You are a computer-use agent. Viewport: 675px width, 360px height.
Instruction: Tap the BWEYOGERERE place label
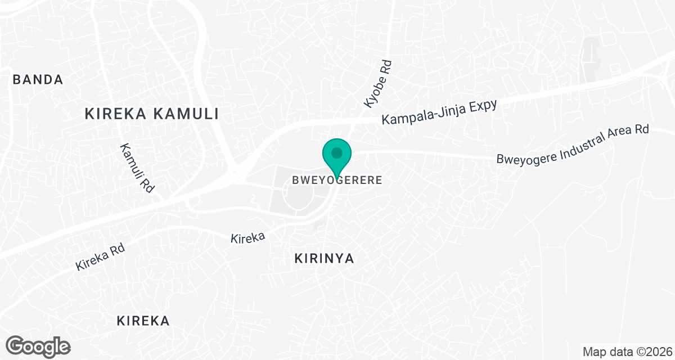pyautogui.click(x=337, y=181)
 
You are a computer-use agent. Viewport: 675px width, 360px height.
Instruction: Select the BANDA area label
pyautogui.click(x=38, y=80)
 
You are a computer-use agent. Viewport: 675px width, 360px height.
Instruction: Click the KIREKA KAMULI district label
pyautogui.click(x=151, y=114)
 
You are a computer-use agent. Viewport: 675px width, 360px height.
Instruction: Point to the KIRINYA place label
pyautogui.click(x=325, y=258)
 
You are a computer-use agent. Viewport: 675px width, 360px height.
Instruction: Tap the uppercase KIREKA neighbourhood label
pyautogui.click(x=143, y=321)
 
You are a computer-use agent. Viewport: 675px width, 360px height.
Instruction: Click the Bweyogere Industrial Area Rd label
pyautogui.click(x=572, y=145)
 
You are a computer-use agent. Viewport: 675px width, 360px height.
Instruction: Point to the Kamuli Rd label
pyautogui.click(x=137, y=168)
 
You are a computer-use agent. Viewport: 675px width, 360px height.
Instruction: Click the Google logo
pyautogui.click(x=38, y=345)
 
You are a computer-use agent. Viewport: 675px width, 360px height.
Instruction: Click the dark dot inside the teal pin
pyautogui.click(x=337, y=152)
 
